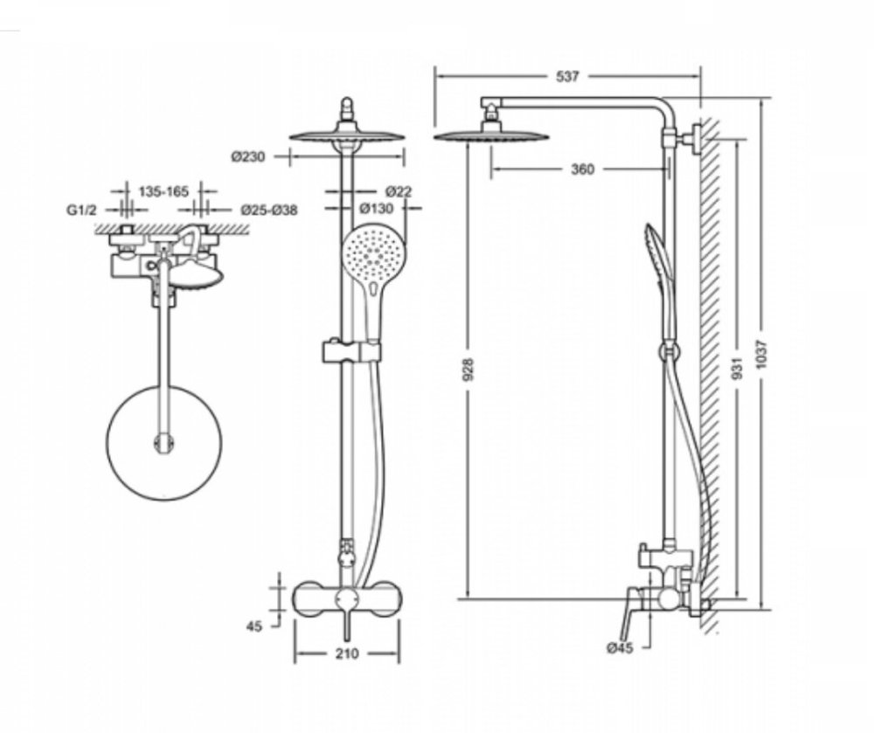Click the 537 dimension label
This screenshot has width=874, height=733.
click(x=567, y=77)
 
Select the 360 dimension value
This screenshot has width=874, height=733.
click(x=582, y=169)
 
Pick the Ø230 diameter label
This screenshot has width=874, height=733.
click(x=248, y=157)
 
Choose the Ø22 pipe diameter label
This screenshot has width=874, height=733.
click(x=398, y=191)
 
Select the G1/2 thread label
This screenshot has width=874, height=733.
click(x=80, y=210)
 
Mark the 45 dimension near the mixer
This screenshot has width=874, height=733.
click(x=254, y=626)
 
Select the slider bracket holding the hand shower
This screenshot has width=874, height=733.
click(x=352, y=350)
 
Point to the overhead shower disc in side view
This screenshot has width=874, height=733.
click(x=491, y=135)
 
